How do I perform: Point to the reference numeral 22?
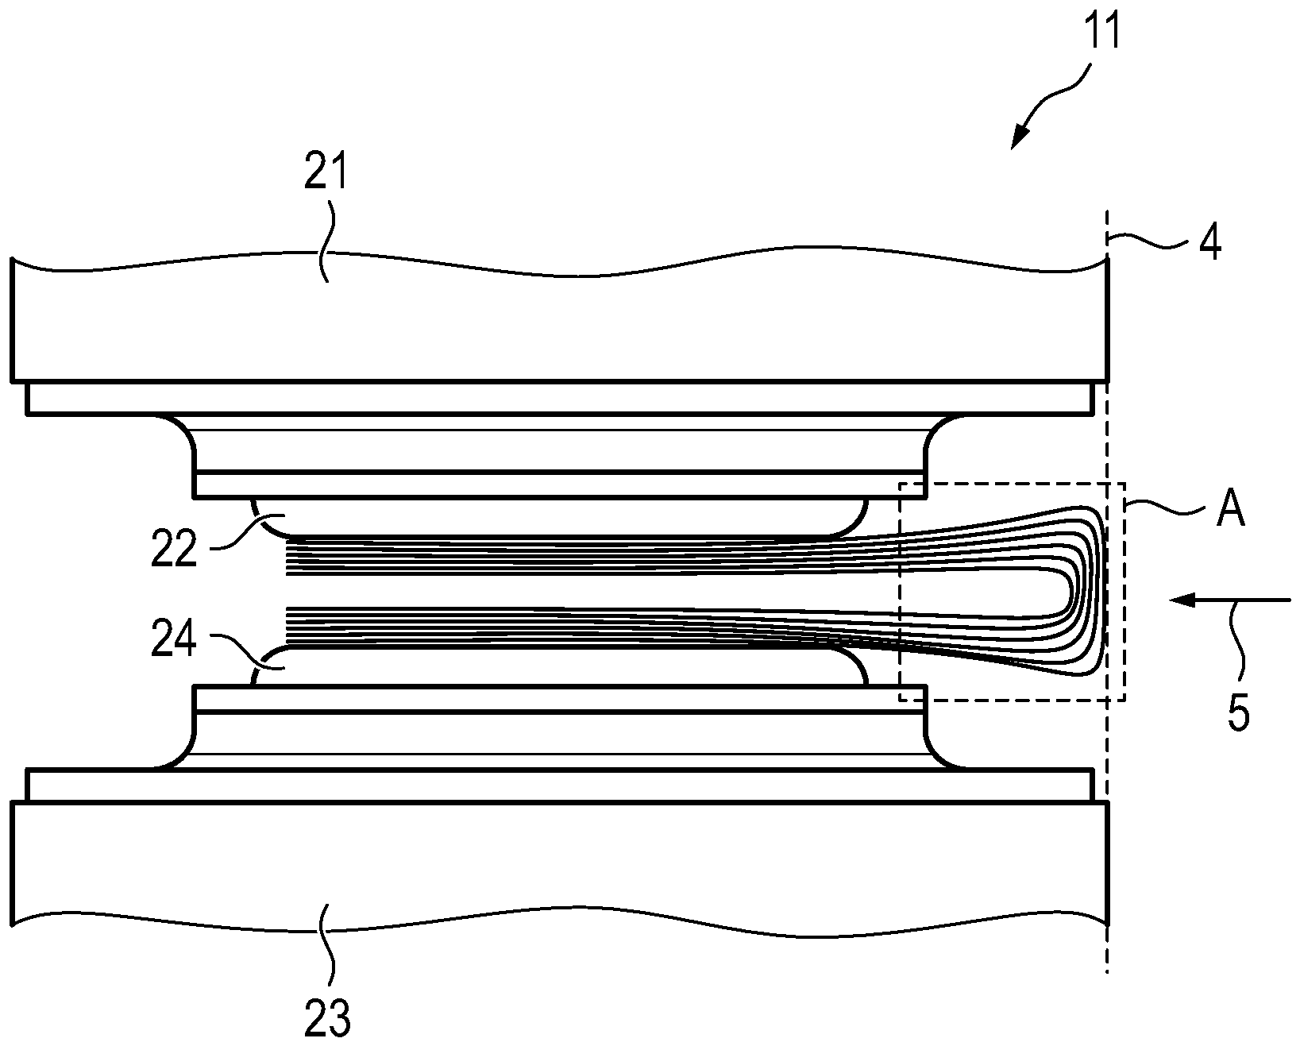click(x=174, y=547)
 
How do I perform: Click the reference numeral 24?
click(x=174, y=642)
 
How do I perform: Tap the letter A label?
click(x=1229, y=512)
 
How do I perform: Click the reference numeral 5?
click(x=1238, y=712)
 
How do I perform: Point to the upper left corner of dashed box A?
click(x=900, y=483)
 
